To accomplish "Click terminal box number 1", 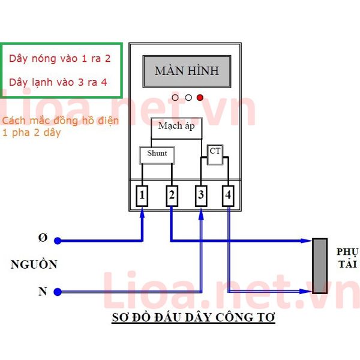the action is click(x=142, y=196).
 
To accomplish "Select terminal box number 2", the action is click(x=172, y=196).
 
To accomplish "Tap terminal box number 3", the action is click(x=201, y=196).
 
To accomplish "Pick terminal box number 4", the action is click(x=228, y=196).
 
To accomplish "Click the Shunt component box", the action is click(x=157, y=155).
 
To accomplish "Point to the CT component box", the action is click(x=215, y=154).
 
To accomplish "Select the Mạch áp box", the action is click(x=176, y=128).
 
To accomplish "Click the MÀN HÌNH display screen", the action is click(x=187, y=71).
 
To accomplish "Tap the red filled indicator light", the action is click(x=200, y=98).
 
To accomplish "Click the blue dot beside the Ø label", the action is click(x=58, y=241).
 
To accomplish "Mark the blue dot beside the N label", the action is click(x=58, y=292).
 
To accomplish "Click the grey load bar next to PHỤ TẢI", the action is click(x=320, y=266).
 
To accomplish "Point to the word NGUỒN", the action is click(x=34, y=264).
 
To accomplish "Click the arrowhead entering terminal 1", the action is click(x=142, y=212).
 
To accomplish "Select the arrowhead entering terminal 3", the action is click(x=201, y=214).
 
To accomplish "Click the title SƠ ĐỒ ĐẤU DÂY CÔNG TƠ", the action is click(x=193, y=317).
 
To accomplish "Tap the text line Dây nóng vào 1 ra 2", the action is click(x=59, y=59).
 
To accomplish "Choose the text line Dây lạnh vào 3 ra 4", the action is click(x=58, y=82).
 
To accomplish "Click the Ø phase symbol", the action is click(x=43, y=238).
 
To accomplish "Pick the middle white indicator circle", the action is click(x=188, y=98).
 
